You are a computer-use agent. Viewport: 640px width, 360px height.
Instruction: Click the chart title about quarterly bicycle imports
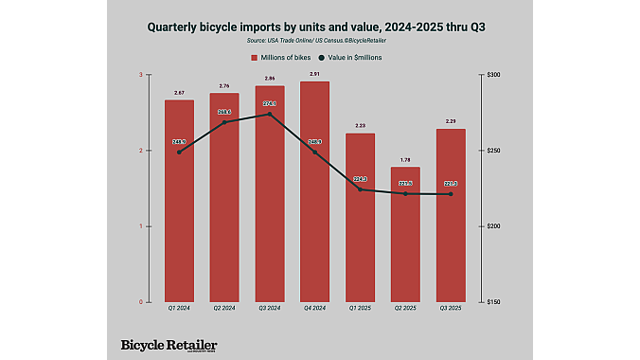coord(319,27)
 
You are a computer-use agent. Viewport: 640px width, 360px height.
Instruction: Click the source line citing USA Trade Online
coord(319,41)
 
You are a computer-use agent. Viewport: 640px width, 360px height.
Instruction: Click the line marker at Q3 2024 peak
coord(270,114)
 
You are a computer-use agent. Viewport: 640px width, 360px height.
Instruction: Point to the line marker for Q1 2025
coord(360,189)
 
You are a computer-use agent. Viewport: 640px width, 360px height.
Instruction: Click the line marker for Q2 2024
coord(224,122)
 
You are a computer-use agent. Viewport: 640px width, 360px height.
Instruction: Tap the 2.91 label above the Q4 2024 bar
coord(315,74)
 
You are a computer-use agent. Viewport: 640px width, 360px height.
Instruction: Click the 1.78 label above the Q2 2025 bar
coord(405,160)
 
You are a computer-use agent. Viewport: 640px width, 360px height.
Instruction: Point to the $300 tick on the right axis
coord(493,75)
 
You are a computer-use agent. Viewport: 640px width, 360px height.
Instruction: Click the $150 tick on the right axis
coord(493,302)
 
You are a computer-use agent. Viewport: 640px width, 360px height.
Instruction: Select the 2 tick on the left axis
coord(140,151)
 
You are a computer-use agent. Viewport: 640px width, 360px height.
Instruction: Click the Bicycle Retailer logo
coord(169,346)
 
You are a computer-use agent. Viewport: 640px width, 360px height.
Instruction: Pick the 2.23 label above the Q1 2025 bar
coord(360,126)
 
